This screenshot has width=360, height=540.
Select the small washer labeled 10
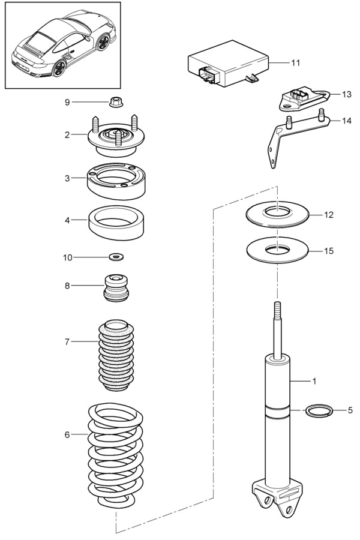click(116, 257)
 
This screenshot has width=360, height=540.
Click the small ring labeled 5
click(319, 411)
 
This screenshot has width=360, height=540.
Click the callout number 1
click(313, 380)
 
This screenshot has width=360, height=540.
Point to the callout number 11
click(295, 62)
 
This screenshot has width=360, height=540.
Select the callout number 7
click(67, 341)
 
